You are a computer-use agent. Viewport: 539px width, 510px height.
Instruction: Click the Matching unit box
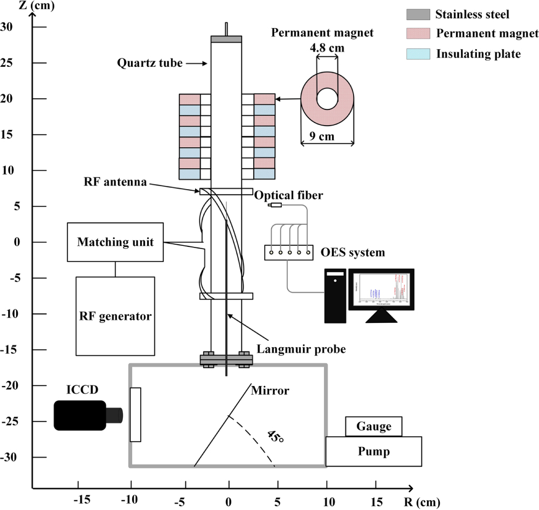tap(115, 242)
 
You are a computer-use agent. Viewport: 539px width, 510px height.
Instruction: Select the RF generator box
tap(115, 316)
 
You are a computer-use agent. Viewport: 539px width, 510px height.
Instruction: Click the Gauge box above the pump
tap(374, 426)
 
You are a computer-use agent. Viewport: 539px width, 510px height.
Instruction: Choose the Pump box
tap(374, 451)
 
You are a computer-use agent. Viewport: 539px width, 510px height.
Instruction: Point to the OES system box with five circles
tap(289, 252)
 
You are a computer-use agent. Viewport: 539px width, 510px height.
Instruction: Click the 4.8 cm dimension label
tap(327, 49)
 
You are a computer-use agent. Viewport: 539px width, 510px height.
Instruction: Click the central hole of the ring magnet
tap(327, 98)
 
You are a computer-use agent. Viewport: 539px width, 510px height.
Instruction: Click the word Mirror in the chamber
tap(271, 390)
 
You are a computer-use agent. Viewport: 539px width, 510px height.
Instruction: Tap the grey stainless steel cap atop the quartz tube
tap(226, 39)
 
